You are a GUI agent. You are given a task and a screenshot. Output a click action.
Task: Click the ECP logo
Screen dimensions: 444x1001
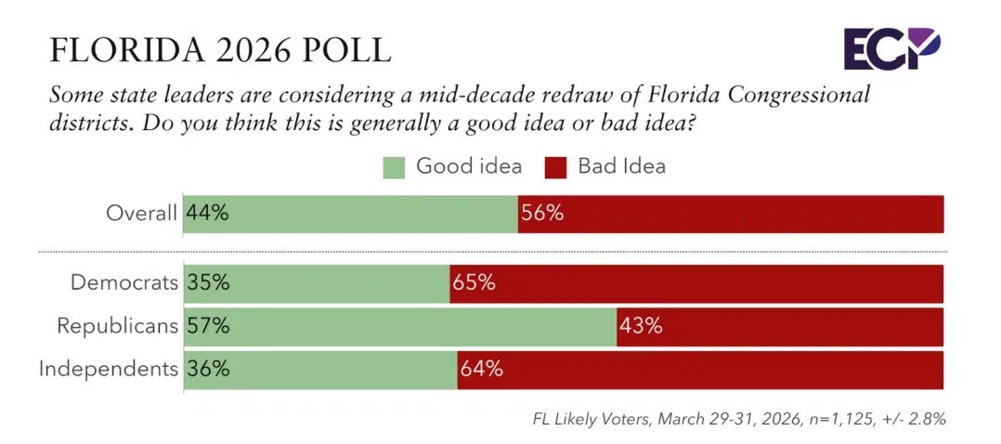[891, 47]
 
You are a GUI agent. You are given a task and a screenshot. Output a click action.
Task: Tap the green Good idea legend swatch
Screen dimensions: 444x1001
[395, 167]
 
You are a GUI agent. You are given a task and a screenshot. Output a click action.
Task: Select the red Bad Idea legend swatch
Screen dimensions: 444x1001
[555, 167]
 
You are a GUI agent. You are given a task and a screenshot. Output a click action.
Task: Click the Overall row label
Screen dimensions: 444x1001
[141, 213]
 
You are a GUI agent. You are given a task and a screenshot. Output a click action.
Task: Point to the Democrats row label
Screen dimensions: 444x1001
[124, 283]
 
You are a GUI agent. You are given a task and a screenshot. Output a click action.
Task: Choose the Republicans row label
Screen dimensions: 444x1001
[117, 326]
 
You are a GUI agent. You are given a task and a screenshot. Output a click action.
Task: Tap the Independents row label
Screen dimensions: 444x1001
[108, 369]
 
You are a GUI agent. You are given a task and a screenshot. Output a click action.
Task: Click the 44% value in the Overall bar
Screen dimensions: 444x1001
[208, 213]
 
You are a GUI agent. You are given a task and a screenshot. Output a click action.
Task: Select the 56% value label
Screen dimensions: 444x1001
[542, 213]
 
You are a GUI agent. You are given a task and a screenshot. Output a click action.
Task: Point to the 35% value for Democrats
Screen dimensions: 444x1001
[208, 283]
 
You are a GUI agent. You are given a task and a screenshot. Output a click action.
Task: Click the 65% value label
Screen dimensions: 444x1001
[474, 283]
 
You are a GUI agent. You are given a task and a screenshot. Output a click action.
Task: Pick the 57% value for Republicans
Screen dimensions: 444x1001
[208, 326]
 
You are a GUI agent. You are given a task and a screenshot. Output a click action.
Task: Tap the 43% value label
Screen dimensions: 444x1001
[641, 326]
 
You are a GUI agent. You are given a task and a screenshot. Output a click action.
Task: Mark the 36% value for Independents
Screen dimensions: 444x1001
[208, 369]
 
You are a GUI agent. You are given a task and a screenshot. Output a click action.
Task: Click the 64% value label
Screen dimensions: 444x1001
[481, 369]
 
